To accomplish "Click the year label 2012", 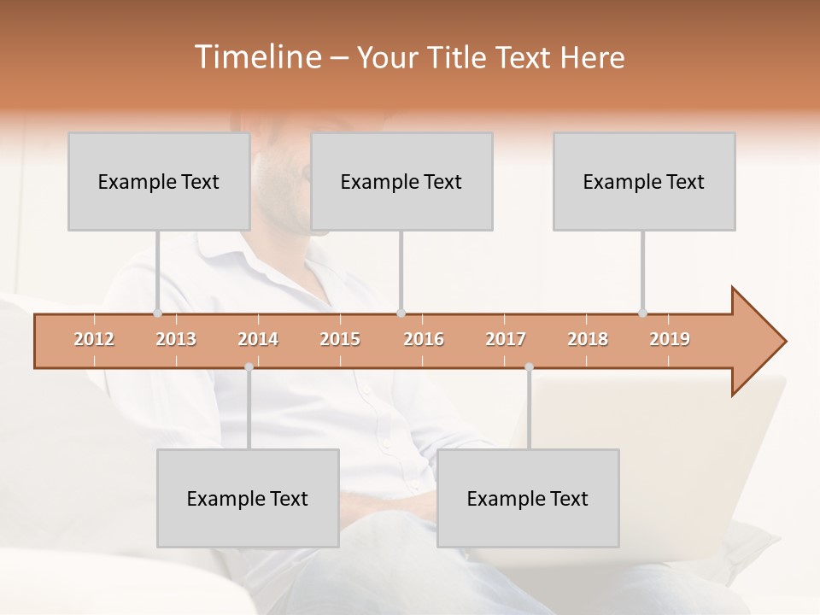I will coord(94,339).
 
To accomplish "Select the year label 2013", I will coord(176,339).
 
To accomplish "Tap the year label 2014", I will coord(258,339).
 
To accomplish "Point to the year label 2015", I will coord(340,339).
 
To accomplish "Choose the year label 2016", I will coord(424,339).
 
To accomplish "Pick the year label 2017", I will coord(506,339).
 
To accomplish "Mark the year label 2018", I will coord(588,339).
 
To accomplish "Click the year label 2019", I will coord(670,339).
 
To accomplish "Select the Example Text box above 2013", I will coord(159,181).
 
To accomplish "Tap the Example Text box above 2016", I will coord(401,181).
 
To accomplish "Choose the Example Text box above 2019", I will coord(644,181).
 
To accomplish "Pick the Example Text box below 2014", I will coord(248,498).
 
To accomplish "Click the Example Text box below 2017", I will coord(528,498).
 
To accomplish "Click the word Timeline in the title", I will coord(256,57).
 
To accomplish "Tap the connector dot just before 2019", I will coord(642,313).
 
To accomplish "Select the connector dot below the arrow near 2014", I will coord(249,366).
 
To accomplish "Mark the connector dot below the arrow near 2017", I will coord(529,366).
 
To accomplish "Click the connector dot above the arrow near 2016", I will coord(401,313).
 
